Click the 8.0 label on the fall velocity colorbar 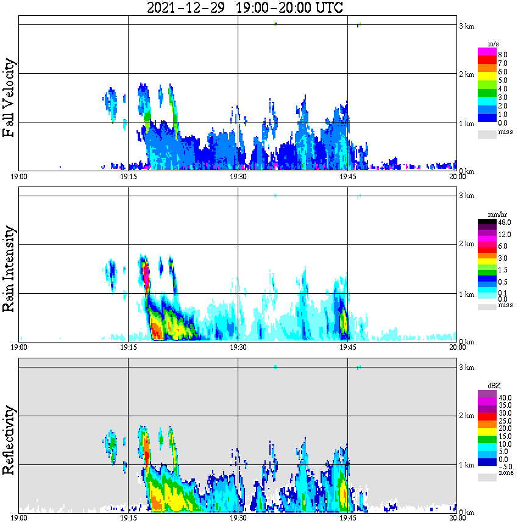pyautogui.click(x=503, y=54)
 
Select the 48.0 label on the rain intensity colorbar pyautogui.click(x=504, y=222)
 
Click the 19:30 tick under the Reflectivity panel pyautogui.click(x=238, y=518)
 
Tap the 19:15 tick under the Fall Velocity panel pyautogui.click(x=128, y=177)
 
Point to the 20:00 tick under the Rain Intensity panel pyautogui.click(x=457, y=347)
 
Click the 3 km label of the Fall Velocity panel pyautogui.click(x=466, y=26)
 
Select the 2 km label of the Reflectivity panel pyautogui.click(x=466, y=416)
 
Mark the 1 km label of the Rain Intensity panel pyautogui.click(x=466, y=294)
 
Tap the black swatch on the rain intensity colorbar pyautogui.click(x=487, y=222)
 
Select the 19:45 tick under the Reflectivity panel pyautogui.click(x=348, y=518)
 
